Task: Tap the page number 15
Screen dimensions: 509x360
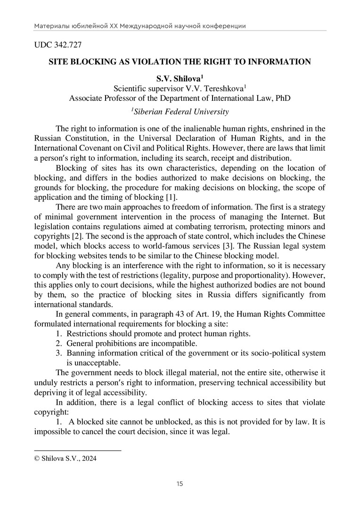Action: pyautogui.click(x=180, y=484)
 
